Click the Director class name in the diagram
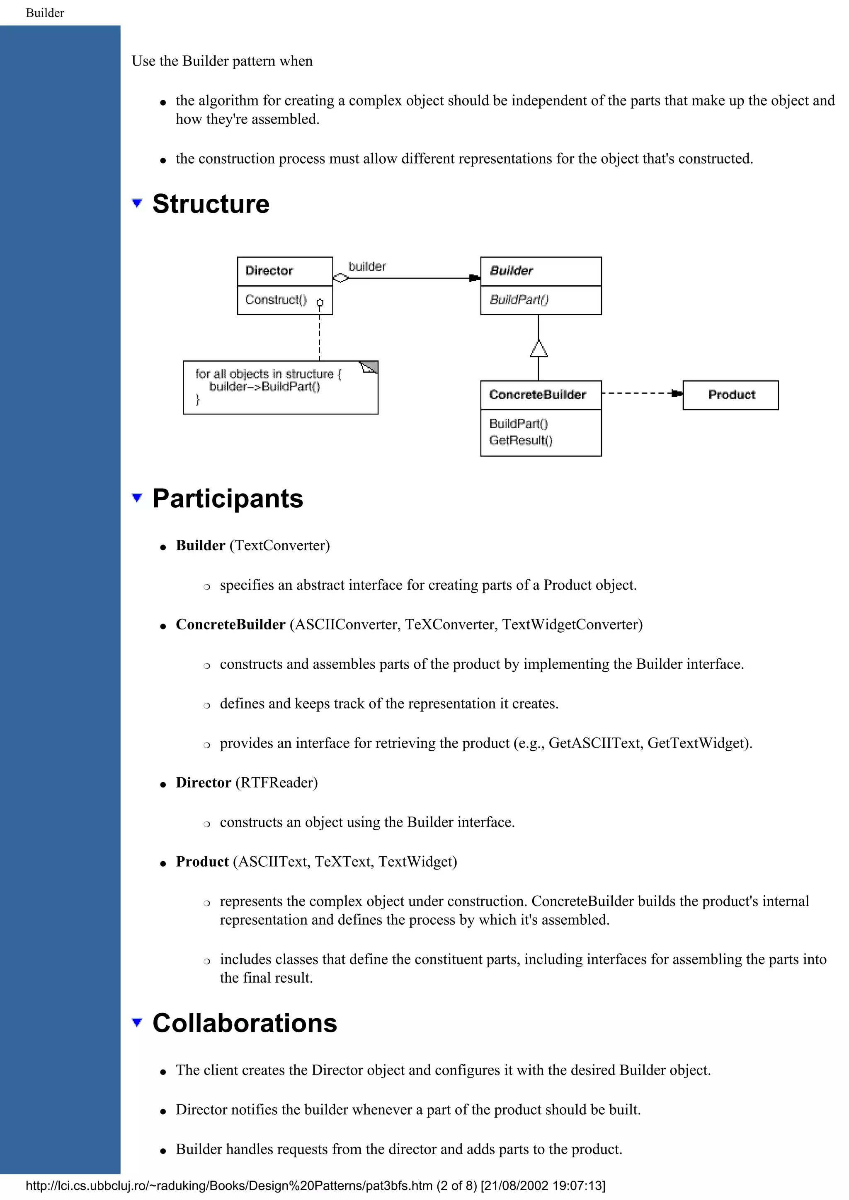click(x=269, y=271)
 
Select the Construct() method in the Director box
click(x=276, y=300)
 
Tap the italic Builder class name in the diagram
click(x=511, y=271)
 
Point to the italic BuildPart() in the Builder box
click(x=519, y=300)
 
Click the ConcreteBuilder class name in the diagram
click(x=537, y=395)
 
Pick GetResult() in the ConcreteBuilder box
click(x=521, y=441)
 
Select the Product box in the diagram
click(x=731, y=395)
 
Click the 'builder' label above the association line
click(x=367, y=267)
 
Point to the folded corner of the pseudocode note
click(x=370, y=367)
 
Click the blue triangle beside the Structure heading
click(x=137, y=203)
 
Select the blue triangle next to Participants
click(x=137, y=498)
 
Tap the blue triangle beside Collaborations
click(x=137, y=1023)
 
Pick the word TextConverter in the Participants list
click(x=280, y=546)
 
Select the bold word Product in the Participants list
click(x=202, y=862)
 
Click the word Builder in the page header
click(x=45, y=13)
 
